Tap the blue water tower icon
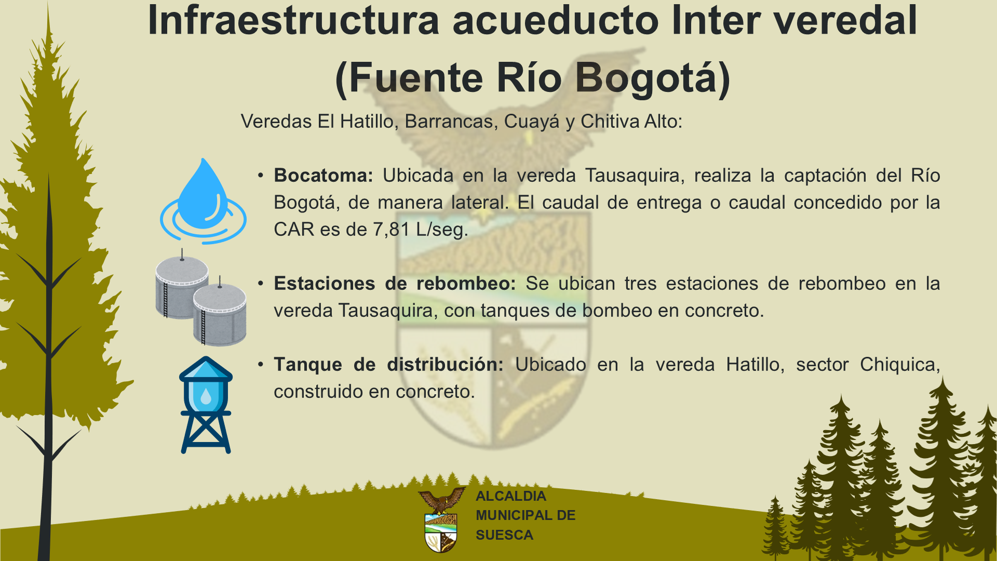[x=206, y=405]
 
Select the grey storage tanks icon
[x=201, y=297]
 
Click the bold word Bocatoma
[x=324, y=176]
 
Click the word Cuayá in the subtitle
[x=532, y=122]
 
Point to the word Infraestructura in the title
[x=294, y=21]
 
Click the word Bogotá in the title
[x=653, y=78]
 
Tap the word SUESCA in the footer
[x=504, y=535]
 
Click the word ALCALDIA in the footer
[x=511, y=496]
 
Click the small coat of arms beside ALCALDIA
[x=441, y=519]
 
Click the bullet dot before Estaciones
[x=261, y=284]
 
